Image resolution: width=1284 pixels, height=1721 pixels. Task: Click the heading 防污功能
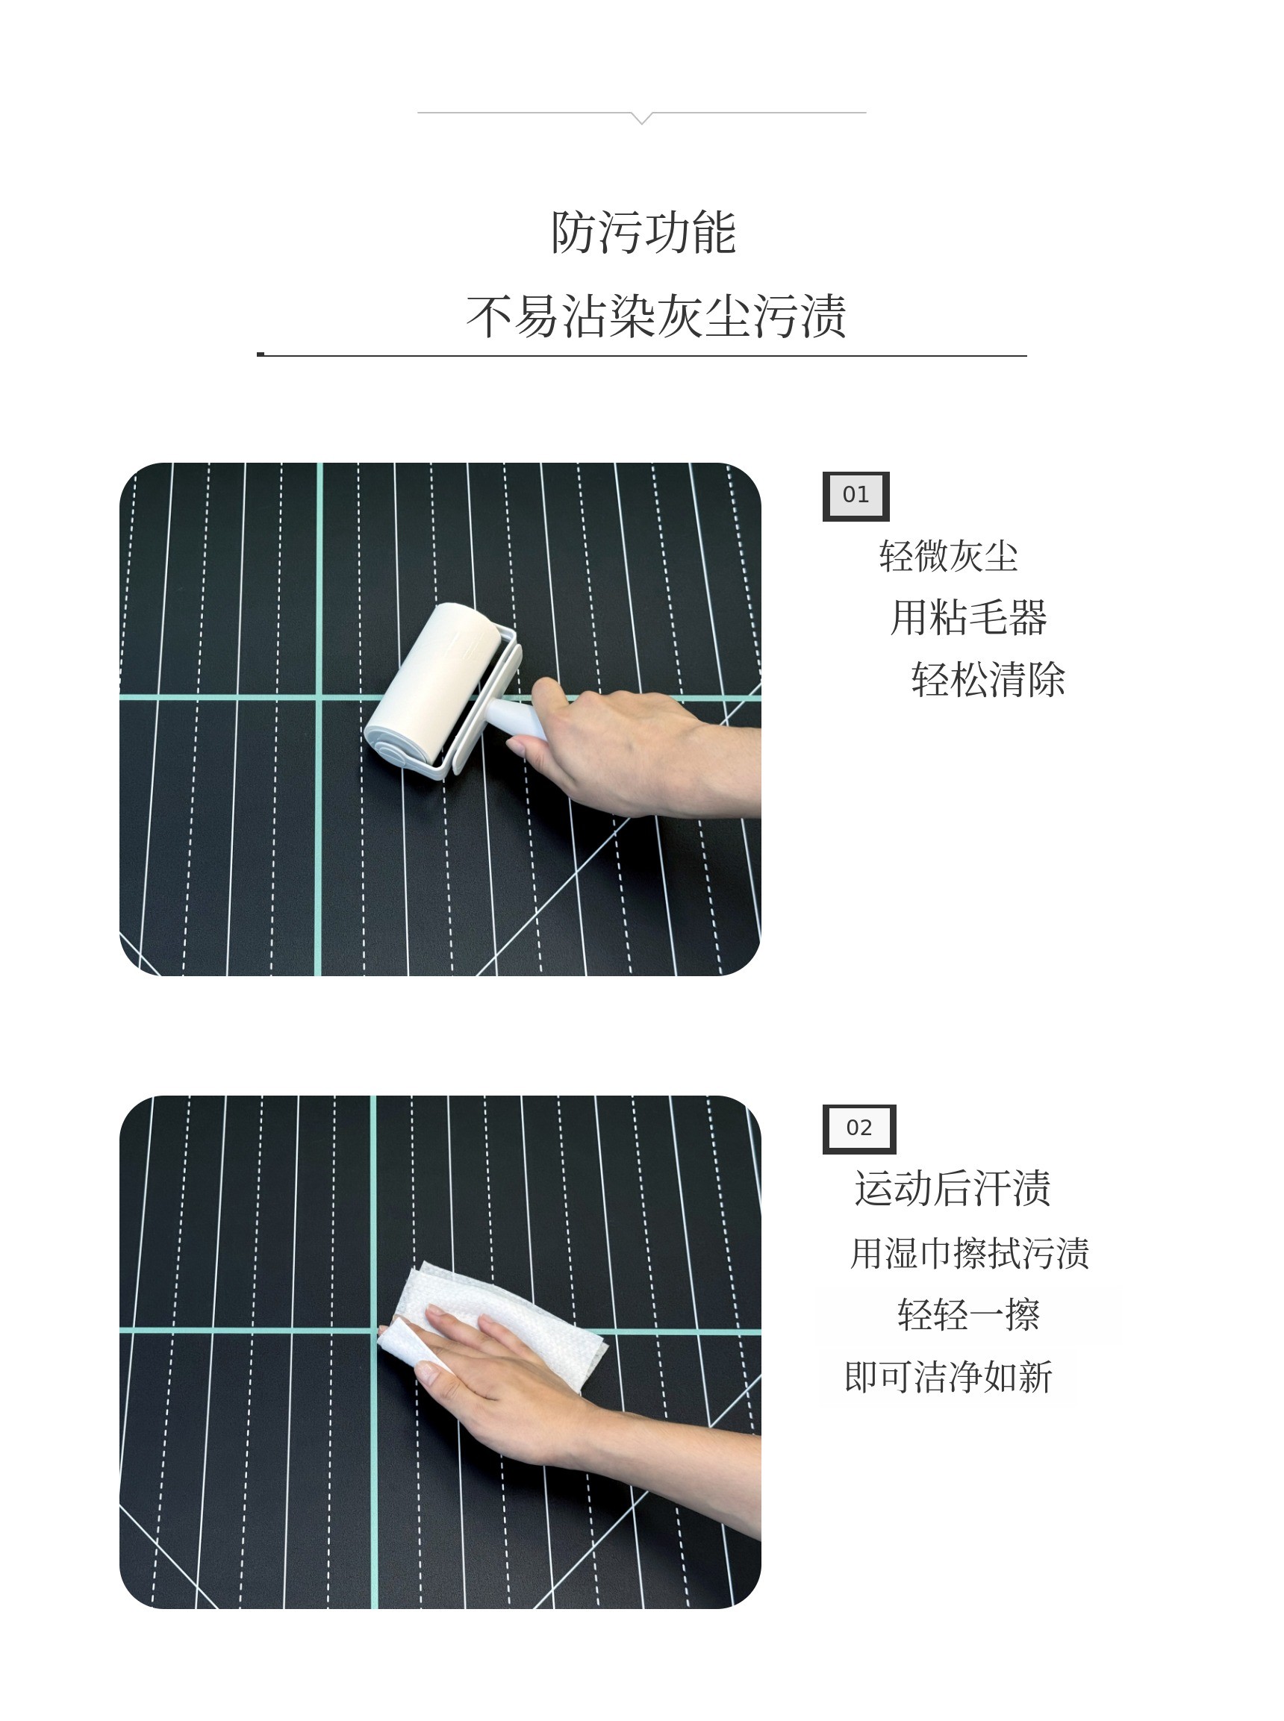pyautogui.click(x=643, y=232)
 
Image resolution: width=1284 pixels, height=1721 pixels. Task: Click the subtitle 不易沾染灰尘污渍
pyautogui.click(x=655, y=316)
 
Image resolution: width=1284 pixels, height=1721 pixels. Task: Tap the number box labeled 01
pyautogui.click(x=856, y=496)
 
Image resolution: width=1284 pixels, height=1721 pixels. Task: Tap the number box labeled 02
pyautogui.click(x=858, y=1129)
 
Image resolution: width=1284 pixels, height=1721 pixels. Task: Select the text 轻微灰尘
pyautogui.click(x=948, y=556)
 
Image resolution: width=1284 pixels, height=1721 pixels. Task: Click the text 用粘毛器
pyautogui.click(x=968, y=618)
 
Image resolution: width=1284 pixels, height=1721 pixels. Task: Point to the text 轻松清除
pyautogui.click(x=988, y=680)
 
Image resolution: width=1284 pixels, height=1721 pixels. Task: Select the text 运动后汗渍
pyautogui.click(x=952, y=1189)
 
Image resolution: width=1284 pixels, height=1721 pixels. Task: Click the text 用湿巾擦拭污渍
pyautogui.click(x=969, y=1253)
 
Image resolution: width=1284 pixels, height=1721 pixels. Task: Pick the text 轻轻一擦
pyautogui.click(x=968, y=1315)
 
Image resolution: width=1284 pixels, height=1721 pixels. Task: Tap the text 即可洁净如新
pyautogui.click(x=948, y=1377)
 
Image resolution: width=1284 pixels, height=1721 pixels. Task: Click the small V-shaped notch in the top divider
pyautogui.click(x=642, y=118)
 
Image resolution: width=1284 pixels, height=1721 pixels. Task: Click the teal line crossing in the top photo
pyautogui.click(x=318, y=698)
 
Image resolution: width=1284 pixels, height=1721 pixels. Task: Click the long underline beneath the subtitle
pyautogui.click(x=642, y=355)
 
